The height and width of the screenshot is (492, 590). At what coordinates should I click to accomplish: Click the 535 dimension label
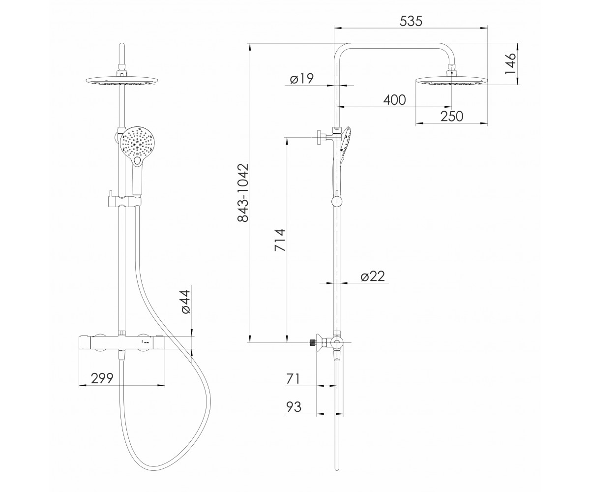point(411,21)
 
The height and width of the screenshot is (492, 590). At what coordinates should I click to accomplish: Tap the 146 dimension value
point(510,63)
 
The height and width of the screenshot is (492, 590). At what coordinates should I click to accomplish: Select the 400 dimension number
point(394,100)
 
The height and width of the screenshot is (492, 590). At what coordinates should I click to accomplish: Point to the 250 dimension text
point(452,116)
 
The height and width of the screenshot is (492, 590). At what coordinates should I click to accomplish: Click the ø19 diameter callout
point(302,78)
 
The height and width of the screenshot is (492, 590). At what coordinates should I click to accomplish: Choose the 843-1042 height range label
point(243,193)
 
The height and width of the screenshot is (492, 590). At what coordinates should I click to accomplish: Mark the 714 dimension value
point(280,240)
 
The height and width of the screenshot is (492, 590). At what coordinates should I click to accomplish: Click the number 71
point(293,379)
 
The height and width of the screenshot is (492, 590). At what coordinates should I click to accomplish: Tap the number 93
point(294,407)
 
